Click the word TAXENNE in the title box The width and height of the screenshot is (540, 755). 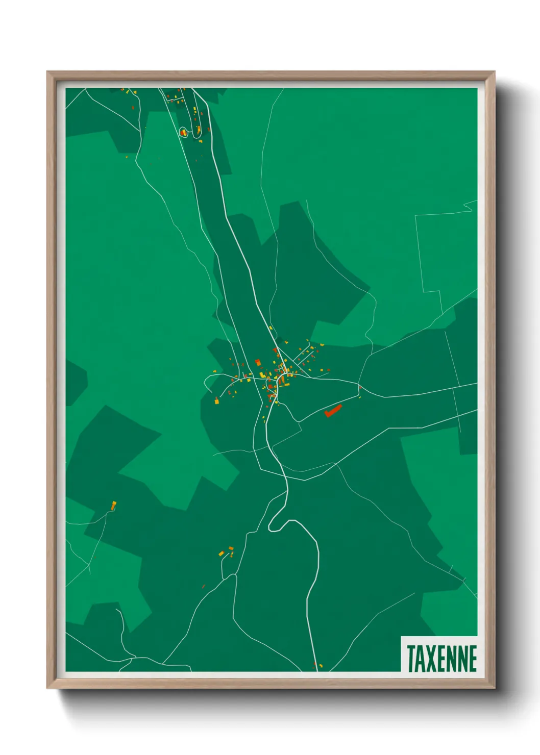click(x=441, y=659)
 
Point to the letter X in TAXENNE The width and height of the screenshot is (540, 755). click(x=431, y=659)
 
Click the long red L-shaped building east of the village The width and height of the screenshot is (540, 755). click(x=332, y=411)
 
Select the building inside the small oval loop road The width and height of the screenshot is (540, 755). click(x=183, y=132)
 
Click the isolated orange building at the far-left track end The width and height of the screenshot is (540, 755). click(x=114, y=505)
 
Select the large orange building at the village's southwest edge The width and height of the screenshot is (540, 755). click(x=216, y=401)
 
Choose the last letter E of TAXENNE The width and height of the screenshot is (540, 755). click(x=473, y=659)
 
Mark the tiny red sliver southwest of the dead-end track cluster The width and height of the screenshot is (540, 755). click(x=203, y=586)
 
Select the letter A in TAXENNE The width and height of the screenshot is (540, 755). click(x=421, y=659)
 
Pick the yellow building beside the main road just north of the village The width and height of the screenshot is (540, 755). click(x=271, y=328)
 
